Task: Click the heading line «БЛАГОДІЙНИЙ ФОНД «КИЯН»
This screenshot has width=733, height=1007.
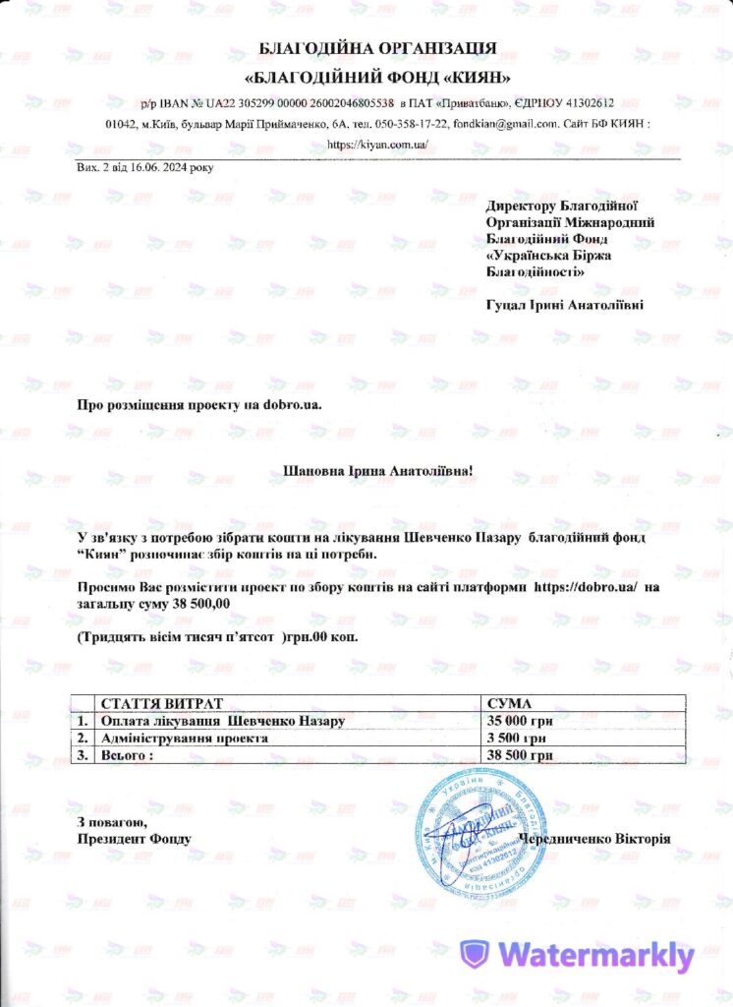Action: point(377,77)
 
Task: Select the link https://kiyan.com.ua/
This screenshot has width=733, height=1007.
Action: point(377,144)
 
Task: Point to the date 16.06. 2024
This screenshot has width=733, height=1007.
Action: point(162,167)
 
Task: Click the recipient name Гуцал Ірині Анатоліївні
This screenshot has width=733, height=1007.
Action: point(565,306)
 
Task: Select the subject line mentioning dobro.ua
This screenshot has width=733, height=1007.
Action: point(199,404)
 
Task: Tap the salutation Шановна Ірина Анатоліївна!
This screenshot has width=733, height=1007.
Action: point(377,471)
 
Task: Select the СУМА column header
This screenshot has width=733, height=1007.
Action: point(509,705)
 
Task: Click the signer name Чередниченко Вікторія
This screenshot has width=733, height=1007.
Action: point(594,839)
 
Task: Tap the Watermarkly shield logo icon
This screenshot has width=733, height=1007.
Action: point(476,954)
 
